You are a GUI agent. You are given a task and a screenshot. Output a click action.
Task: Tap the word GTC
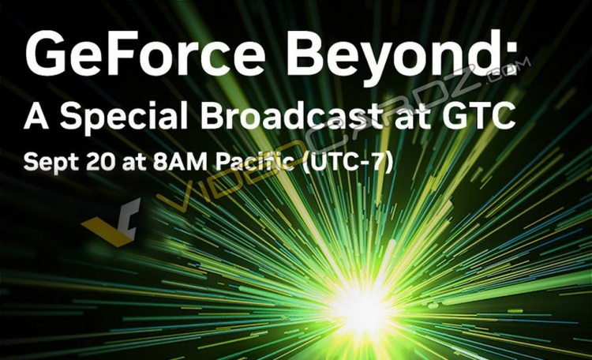click(x=482, y=117)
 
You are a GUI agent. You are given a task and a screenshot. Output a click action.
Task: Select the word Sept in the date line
click(x=51, y=162)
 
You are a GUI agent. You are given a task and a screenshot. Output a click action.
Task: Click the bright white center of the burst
click(x=362, y=303)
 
